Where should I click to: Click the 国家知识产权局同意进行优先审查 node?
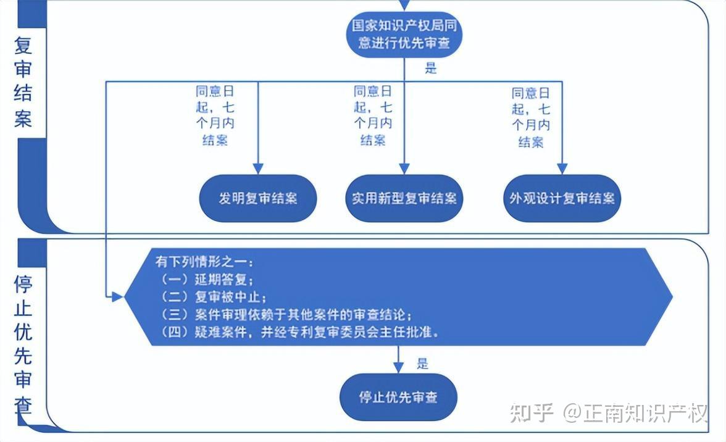[404, 34]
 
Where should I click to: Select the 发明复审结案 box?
[258, 198]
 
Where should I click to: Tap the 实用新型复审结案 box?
[404, 198]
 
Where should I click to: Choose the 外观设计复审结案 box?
[562, 198]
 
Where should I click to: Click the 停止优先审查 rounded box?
[398, 397]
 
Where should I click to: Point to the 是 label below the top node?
[431, 69]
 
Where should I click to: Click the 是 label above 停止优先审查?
[423, 363]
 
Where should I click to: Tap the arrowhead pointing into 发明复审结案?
[258, 169]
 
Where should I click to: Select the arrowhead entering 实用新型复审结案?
[404, 169]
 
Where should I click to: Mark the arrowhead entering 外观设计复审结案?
[562, 169]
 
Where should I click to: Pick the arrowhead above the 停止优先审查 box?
[398, 367]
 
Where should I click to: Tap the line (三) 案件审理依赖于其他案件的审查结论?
[285, 315]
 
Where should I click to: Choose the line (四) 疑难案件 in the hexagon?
[299, 332]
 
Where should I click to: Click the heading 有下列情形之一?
[204, 262]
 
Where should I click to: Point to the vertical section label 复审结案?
[23, 82]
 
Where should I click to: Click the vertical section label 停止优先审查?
[23, 345]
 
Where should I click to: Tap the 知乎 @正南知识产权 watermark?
[609, 413]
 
